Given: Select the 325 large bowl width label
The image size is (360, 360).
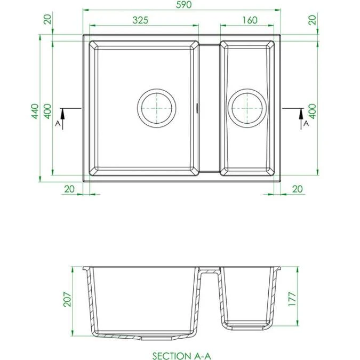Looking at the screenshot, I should tap(140, 20).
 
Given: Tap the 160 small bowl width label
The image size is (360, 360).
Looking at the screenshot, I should tap(249, 20).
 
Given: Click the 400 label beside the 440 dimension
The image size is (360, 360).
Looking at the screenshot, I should tap(47, 110).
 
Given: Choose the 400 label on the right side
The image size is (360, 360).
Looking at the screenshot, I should tap(313, 110).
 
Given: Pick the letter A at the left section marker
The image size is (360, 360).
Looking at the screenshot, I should tap(58, 123).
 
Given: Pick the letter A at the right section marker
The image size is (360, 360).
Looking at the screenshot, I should tap(306, 123).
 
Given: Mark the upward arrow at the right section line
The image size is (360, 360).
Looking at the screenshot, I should tap(301, 114).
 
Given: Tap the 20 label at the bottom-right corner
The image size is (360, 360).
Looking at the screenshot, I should tap(297, 189).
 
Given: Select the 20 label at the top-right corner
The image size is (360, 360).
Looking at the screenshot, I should tap(313, 20).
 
